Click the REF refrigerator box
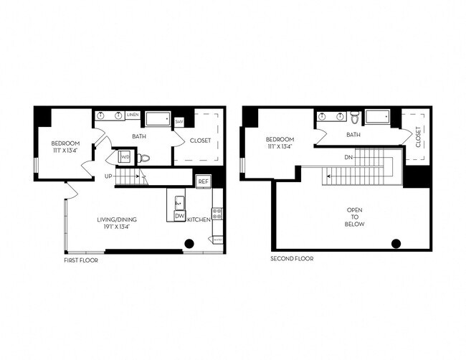pos(203,182)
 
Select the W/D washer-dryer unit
pos(125,156)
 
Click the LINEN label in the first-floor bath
pos(133,115)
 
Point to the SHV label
pos(179,121)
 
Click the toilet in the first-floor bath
pos(143,158)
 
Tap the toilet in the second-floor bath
pos(354,116)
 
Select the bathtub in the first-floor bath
pos(158,118)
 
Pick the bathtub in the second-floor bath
pos(377,116)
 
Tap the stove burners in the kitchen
pos(217,213)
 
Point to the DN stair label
pos(348,156)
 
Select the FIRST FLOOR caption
pos(80,260)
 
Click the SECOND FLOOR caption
pos(292,258)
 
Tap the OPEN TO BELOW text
pos(354,217)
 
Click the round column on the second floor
pos(396,243)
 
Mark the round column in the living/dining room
pos(189,244)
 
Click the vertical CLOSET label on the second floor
pos(418,137)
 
